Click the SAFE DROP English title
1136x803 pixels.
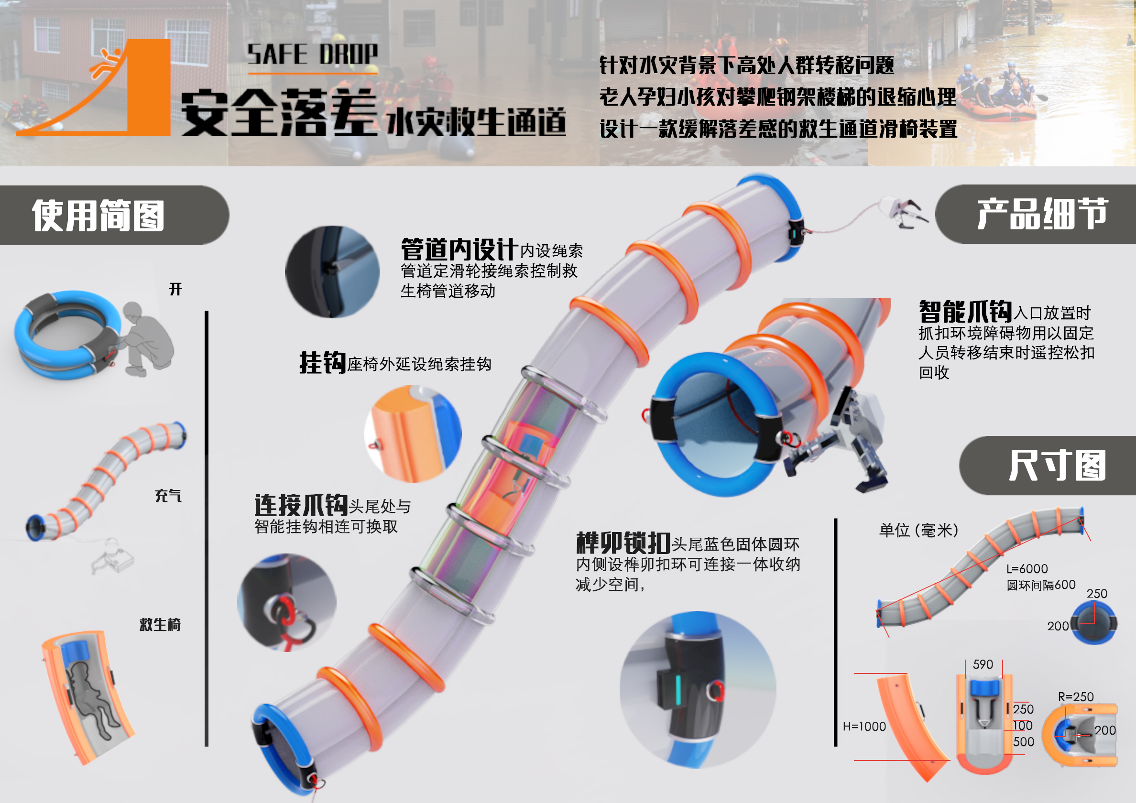pos(312,54)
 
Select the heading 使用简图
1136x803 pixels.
pos(98,215)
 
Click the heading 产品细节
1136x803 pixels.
pos(1042,214)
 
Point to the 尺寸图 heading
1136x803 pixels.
pos(1057,465)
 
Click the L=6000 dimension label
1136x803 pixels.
pos(1027,569)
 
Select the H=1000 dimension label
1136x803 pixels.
pos(864,727)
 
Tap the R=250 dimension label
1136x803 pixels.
pos(1076,696)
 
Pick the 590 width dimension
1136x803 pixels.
pos(983,664)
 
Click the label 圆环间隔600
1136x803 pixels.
pos(1040,586)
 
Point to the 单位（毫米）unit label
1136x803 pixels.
pos(919,531)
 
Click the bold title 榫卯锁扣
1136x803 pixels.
pos(623,543)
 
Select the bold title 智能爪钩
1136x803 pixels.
pos(965,312)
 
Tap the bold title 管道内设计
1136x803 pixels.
pos(459,249)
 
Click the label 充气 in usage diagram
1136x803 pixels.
pos(168,495)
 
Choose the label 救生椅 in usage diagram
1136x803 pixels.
pos(160,624)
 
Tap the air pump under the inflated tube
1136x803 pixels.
pos(114,557)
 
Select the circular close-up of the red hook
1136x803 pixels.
pos(286,603)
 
